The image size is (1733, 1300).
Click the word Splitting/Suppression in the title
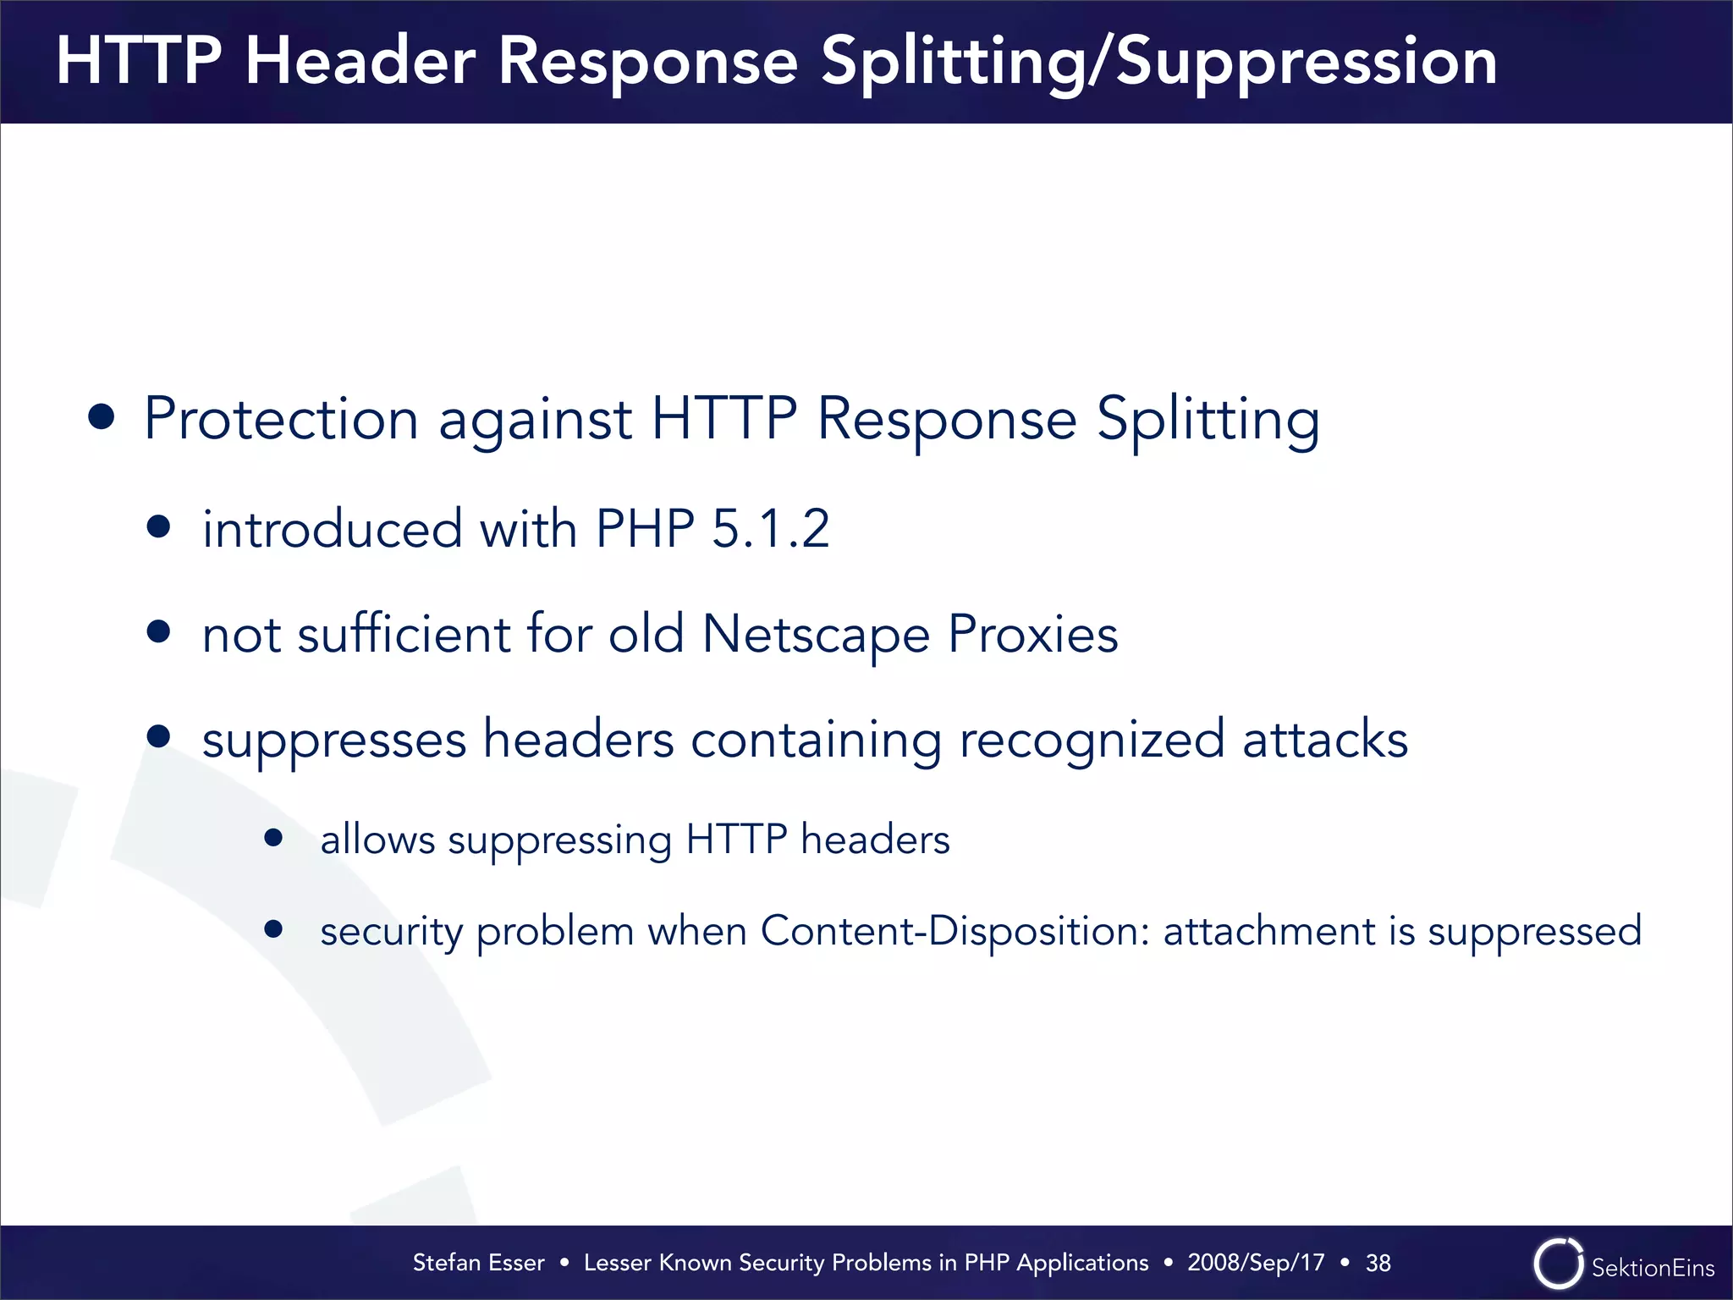coord(1159,63)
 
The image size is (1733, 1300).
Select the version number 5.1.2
coord(770,529)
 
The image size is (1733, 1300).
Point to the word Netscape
coord(816,635)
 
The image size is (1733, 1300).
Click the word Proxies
coord(1032,635)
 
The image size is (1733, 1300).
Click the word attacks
coord(1325,739)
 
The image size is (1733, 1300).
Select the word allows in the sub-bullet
coord(377,840)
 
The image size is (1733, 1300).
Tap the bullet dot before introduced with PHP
coord(158,527)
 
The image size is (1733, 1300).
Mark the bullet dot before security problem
coord(272,929)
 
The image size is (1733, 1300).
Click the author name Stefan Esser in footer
coord(478,1263)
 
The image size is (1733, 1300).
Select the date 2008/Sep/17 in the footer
coord(1255,1263)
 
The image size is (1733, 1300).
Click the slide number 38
coord(1378,1263)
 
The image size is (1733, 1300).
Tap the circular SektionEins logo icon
coord(1558,1264)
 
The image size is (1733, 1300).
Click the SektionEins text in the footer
coord(1653,1267)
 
